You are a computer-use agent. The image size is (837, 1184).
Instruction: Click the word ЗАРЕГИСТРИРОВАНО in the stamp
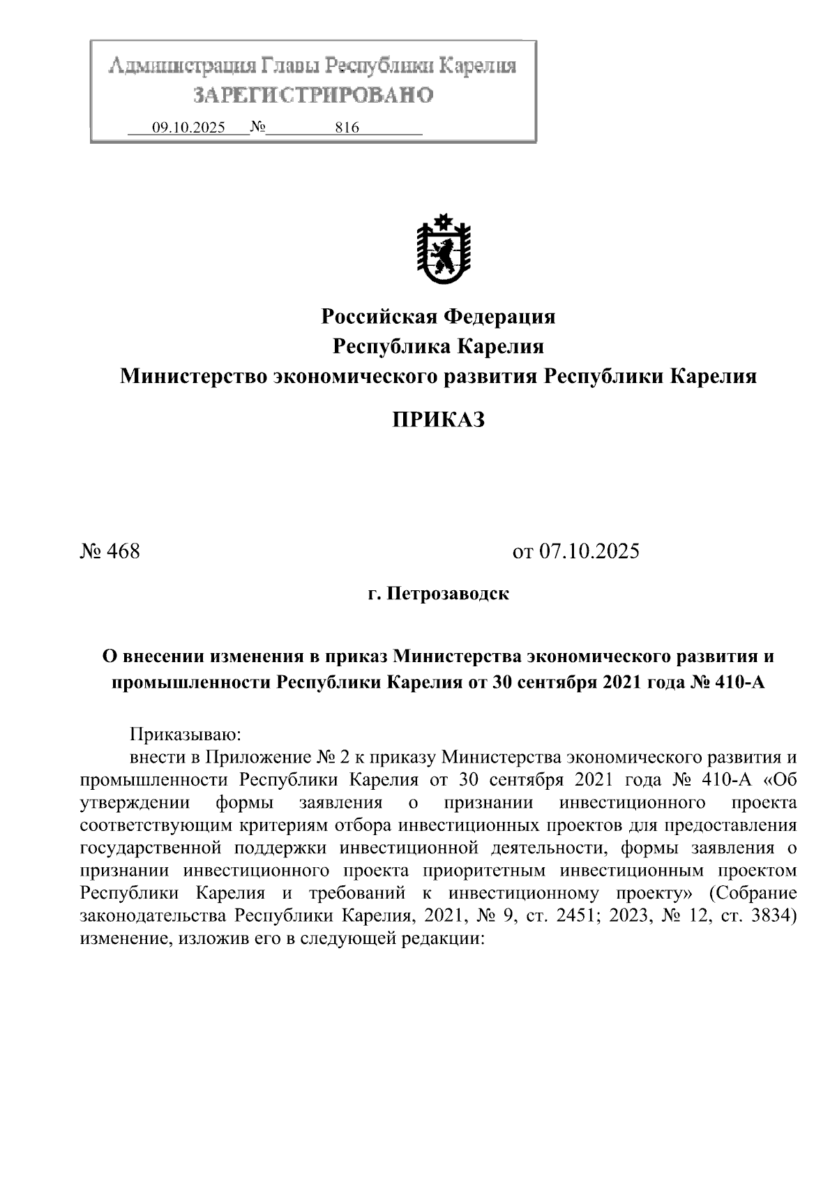[313, 95]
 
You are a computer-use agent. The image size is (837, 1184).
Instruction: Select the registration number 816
[347, 128]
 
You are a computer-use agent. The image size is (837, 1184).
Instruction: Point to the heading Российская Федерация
[438, 317]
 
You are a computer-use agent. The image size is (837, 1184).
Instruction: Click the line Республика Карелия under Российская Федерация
[438, 347]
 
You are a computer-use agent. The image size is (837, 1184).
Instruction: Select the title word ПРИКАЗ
[437, 420]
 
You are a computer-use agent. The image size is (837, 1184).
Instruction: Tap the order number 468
[124, 552]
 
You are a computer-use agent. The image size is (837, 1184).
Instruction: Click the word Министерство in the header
[193, 377]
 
